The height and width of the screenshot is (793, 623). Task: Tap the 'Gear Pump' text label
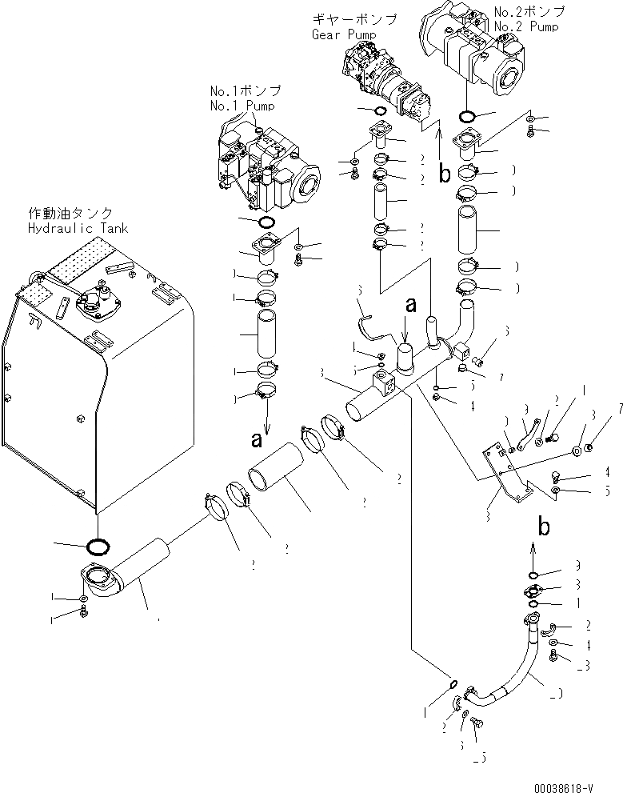coord(338,36)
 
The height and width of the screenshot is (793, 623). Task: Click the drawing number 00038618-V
coord(567,785)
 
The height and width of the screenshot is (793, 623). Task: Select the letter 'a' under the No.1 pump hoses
coord(257,439)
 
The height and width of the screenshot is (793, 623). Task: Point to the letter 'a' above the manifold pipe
coord(411,304)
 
